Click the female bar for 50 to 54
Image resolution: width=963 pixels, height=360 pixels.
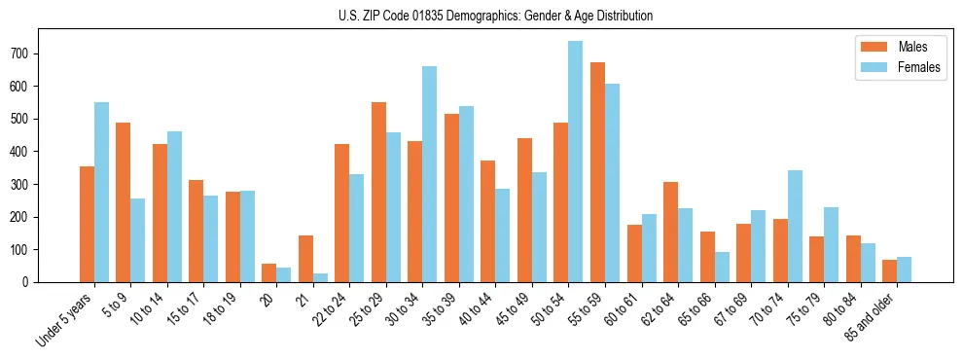point(575,162)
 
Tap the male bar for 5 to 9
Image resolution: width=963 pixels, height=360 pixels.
point(123,202)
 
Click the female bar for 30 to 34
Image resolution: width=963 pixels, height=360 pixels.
point(429,174)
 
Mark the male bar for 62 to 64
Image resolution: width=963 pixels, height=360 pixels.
point(670,232)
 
